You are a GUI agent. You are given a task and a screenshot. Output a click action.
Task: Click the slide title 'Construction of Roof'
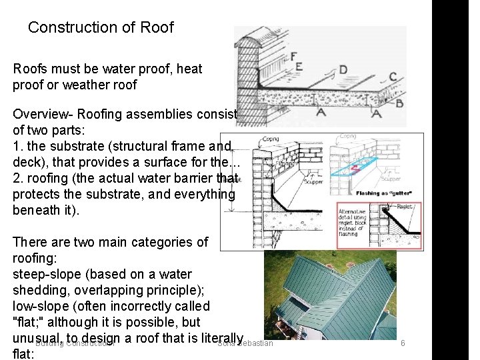click(101, 27)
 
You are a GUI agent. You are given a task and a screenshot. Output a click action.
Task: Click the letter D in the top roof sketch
click(343, 69)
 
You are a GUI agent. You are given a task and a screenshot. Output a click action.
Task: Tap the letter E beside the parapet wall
click(298, 67)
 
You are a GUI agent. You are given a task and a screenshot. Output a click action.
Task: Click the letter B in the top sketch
click(399, 103)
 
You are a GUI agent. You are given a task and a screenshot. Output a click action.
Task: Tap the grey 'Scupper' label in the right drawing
click(391, 179)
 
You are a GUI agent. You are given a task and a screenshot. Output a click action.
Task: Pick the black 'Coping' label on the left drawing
click(271, 139)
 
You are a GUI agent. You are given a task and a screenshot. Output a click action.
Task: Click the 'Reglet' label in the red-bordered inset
click(404, 208)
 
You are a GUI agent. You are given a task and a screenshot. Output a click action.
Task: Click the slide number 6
click(403, 343)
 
